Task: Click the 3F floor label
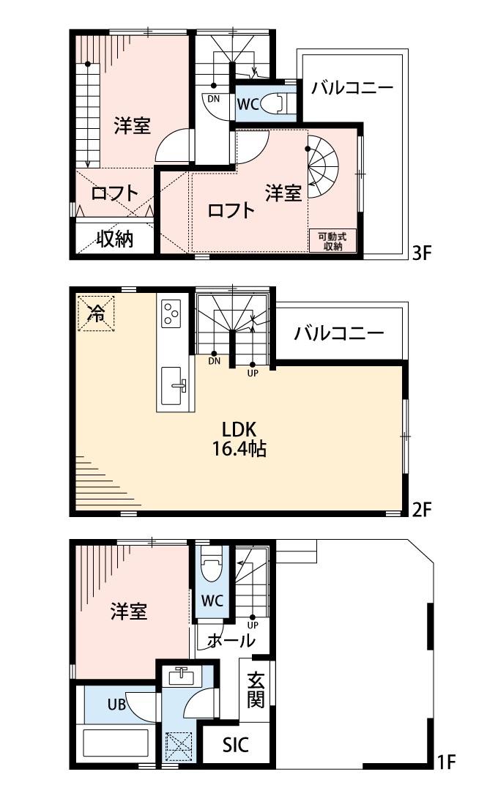(424, 253)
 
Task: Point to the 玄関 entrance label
(255, 690)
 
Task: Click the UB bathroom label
(117, 705)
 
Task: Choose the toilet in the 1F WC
(212, 565)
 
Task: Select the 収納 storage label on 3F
(115, 239)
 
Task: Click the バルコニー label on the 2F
(338, 334)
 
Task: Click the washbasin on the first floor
(180, 676)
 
